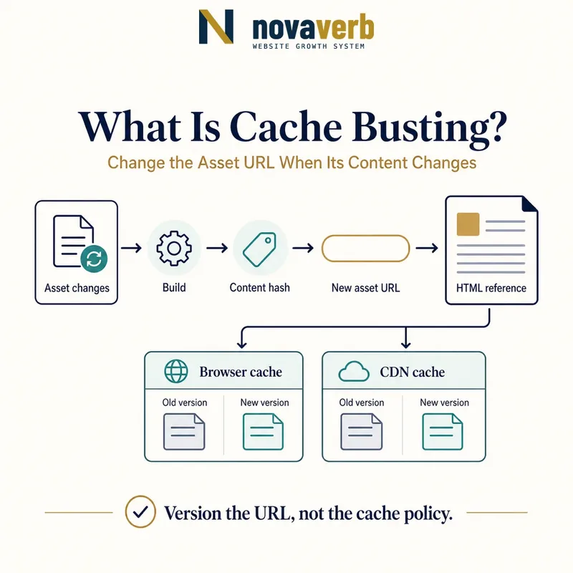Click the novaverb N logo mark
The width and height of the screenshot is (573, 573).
(x=216, y=27)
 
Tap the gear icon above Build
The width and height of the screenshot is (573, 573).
(x=174, y=248)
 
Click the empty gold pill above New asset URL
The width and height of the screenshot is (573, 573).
(x=365, y=249)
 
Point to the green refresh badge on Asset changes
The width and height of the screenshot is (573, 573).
(x=94, y=259)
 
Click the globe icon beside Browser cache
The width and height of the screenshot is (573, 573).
(x=176, y=371)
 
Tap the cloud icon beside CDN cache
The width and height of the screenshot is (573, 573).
(x=354, y=371)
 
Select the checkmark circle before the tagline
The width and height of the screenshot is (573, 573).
(x=140, y=511)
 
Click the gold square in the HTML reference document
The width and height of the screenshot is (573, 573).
(x=468, y=224)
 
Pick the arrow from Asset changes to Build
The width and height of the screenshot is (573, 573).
(x=131, y=248)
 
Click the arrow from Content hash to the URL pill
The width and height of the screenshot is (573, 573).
(x=303, y=248)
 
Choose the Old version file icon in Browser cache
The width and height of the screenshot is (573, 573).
(x=184, y=432)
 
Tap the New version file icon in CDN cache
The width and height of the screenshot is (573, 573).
(x=443, y=432)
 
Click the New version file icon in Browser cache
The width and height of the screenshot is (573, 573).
(x=263, y=432)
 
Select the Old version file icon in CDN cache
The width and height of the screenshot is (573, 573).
(x=362, y=432)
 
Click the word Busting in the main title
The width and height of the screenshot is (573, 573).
(x=429, y=128)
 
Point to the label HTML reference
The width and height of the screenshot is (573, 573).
(x=491, y=288)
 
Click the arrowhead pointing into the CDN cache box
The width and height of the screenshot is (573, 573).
(x=405, y=345)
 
